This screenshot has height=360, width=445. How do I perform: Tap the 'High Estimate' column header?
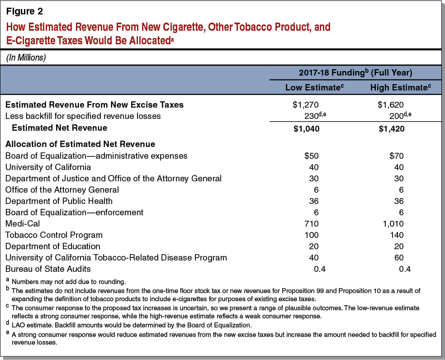click(399, 87)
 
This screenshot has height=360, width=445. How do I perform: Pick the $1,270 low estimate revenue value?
click(306, 104)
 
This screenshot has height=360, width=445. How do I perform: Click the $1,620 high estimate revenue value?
click(391, 104)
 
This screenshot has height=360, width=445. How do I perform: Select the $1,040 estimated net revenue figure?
click(306, 128)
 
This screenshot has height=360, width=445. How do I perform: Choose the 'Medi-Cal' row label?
click(21, 224)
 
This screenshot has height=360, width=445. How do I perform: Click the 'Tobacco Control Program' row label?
click(54, 235)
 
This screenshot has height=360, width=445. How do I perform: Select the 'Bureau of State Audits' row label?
click(48, 269)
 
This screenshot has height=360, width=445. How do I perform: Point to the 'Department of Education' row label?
click(52, 246)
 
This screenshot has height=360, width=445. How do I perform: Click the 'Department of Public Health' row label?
click(59, 201)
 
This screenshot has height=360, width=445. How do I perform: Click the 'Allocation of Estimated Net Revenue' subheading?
click(80, 144)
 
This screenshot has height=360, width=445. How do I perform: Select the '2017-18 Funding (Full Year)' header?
click(355, 72)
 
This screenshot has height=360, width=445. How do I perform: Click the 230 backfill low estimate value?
click(312, 116)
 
